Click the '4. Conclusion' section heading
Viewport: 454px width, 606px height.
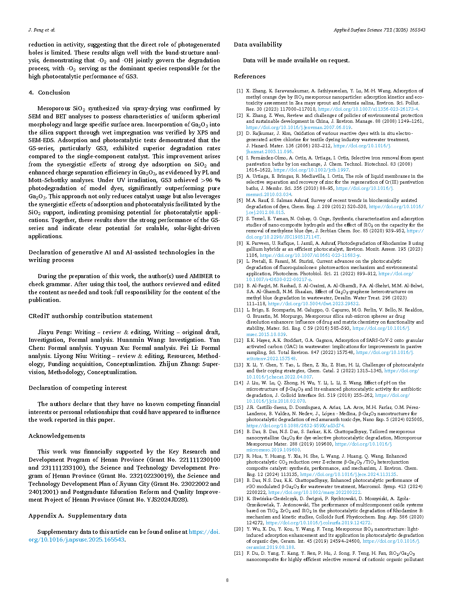coord(49,92)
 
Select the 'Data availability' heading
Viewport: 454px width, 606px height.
coord(258,44)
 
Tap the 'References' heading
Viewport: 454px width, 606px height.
coord(249,76)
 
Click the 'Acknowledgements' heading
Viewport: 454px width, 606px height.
coord(57,436)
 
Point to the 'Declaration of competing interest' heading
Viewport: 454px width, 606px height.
coord(78,388)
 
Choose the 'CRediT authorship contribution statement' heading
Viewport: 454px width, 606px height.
coord(90,316)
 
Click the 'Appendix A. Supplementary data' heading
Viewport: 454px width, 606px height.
coord(78,516)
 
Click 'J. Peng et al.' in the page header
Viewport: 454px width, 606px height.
coord(42,30)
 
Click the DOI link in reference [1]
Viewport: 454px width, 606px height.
coord(368,109)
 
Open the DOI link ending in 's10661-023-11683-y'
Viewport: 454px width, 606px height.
coord(309,255)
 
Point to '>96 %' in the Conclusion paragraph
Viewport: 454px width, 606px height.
coord(210,180)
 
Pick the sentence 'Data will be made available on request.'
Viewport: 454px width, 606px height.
coord(296,60)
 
